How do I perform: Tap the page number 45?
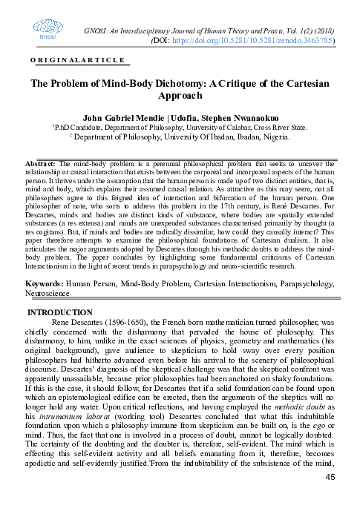(332, 495)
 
